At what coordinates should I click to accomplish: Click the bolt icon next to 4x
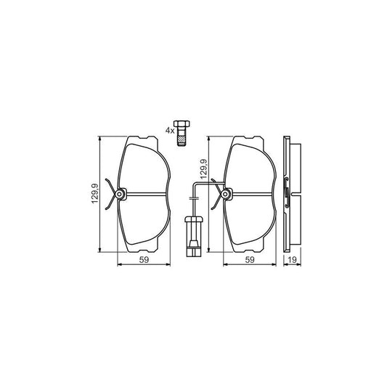pyautogui.click(x=182, y=133)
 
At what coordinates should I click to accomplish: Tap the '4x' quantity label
pyautogui.click(x=169, y=131)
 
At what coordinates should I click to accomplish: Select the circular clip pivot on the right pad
pyautogui.click(x=227, y=194)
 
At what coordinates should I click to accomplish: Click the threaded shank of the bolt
pyautogui.click(x=182, y=138)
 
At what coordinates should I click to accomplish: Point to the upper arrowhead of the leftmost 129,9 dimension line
pyautogui.click(x=100, y=138)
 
